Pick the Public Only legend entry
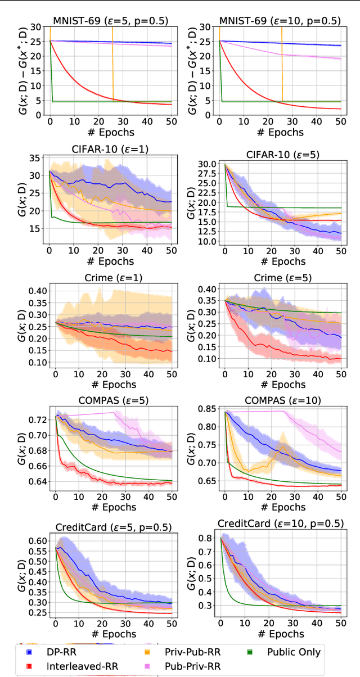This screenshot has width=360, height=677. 293,652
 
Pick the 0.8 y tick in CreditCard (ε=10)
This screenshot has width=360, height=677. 206,538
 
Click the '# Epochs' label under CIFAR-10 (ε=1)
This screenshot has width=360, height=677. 110,261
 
